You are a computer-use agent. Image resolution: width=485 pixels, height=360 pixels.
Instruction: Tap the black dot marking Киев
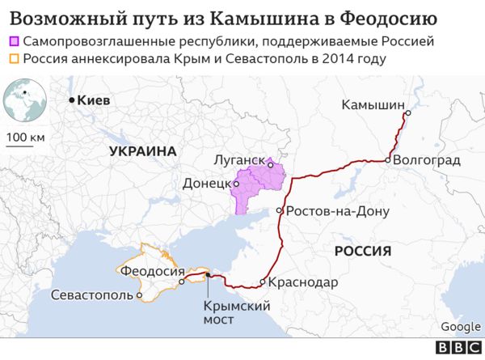(72, 100)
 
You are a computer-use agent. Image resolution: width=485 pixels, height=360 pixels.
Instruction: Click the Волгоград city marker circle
(389, 160)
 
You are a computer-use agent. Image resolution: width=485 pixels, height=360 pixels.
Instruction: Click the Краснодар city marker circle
(263, 282)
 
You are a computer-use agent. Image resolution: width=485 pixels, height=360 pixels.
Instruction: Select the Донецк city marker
(236, 184)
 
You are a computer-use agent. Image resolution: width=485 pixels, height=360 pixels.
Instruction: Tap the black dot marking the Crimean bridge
(208, 276)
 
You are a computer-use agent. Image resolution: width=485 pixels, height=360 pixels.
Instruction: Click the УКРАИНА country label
(144, 150)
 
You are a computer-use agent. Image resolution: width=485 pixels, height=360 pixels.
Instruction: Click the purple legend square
(15, 40)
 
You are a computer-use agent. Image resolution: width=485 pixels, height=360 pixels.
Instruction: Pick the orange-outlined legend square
(15, 58)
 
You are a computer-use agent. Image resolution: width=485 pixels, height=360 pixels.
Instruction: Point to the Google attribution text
(461, 326)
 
